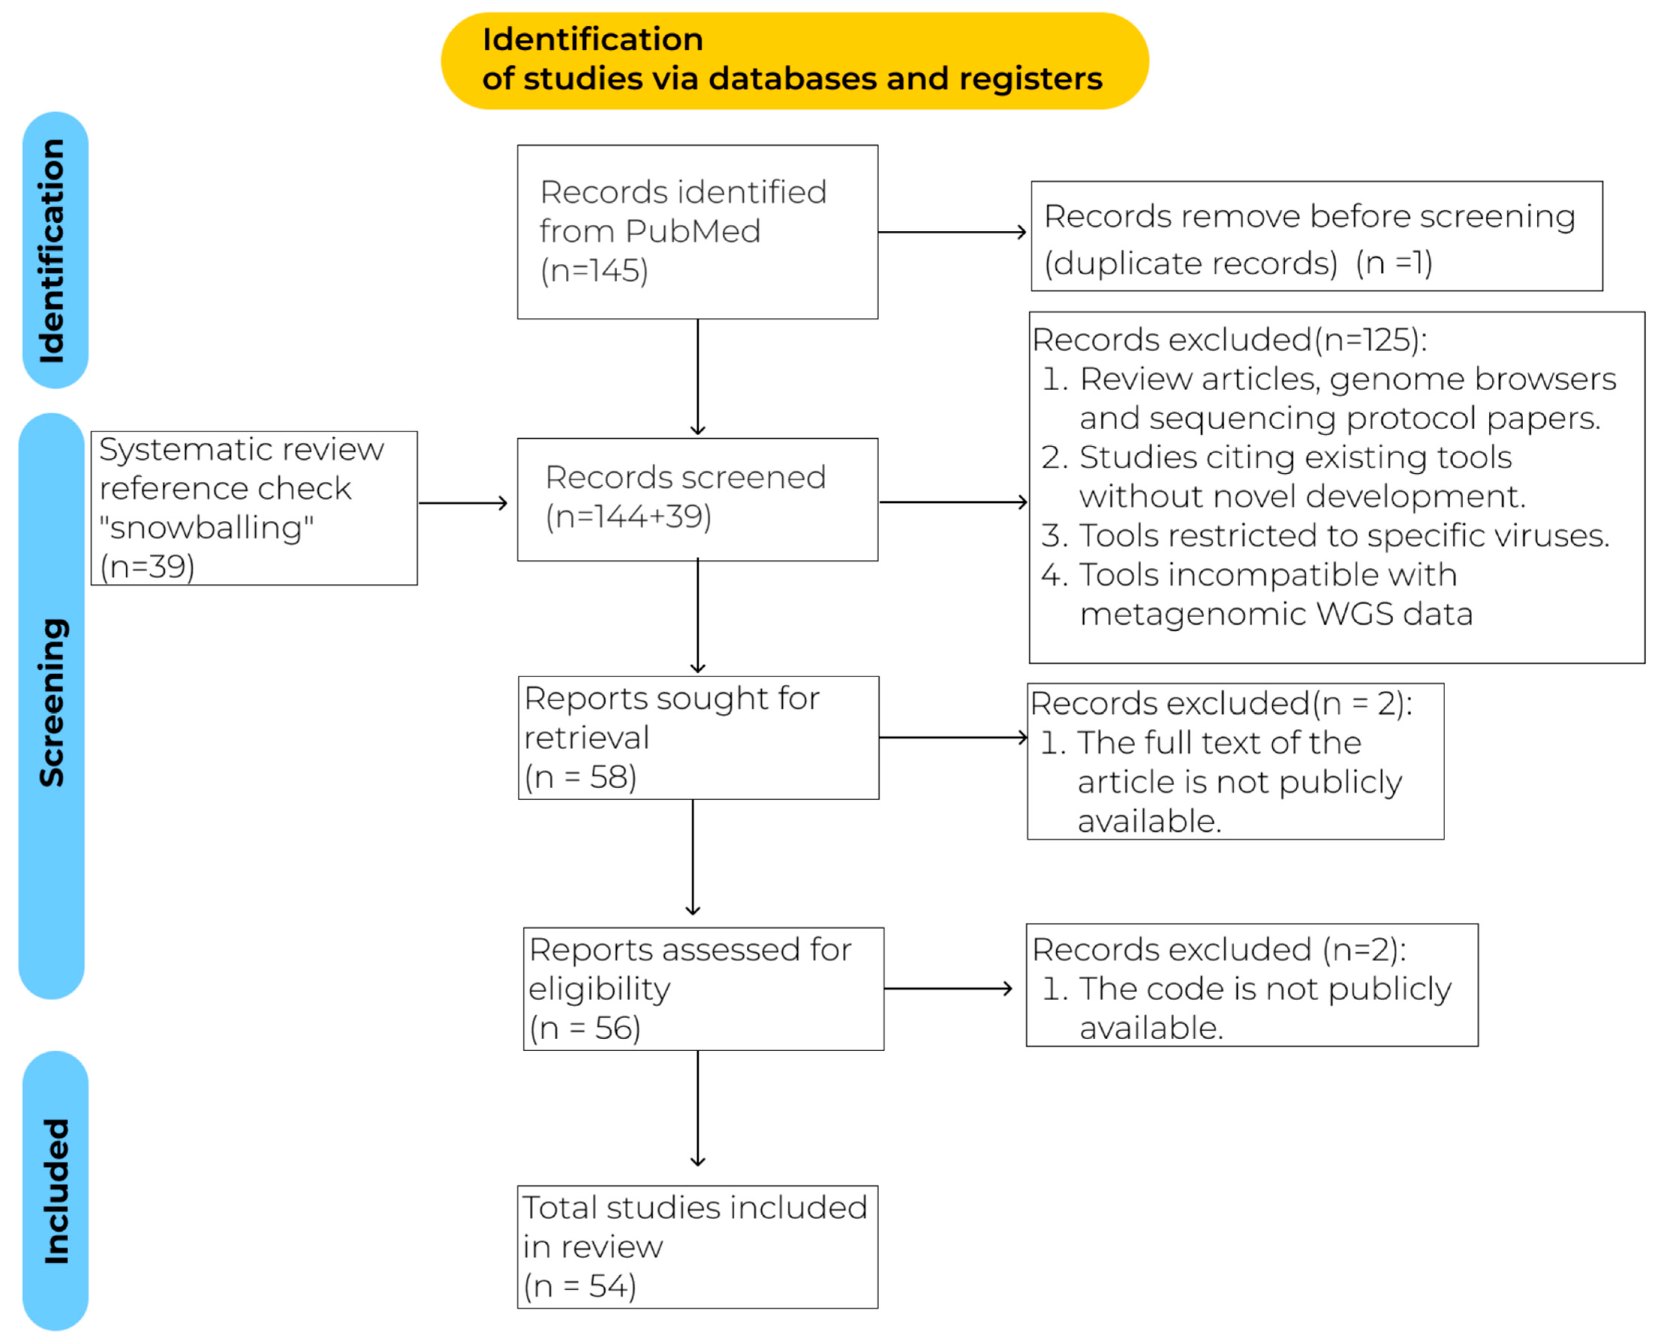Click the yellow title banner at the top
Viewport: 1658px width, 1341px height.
794,60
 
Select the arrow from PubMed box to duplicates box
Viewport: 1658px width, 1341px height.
952,232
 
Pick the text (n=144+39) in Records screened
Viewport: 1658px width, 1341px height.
628,516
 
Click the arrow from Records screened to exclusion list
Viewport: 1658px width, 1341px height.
953,502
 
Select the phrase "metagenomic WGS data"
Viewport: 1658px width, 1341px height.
1276,614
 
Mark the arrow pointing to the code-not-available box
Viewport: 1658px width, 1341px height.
947,989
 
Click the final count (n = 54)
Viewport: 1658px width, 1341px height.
580,1286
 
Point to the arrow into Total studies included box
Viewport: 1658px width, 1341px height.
698,1108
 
